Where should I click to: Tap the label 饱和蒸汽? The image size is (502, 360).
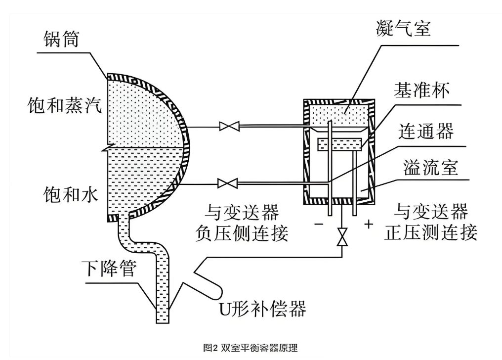click(65, 105)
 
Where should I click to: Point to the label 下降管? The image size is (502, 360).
click(108, 271)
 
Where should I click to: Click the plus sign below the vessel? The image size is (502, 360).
click(368, 224)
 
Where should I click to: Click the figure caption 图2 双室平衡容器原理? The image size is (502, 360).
click(251, 348)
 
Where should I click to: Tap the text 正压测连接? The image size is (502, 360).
click(430, 232)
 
